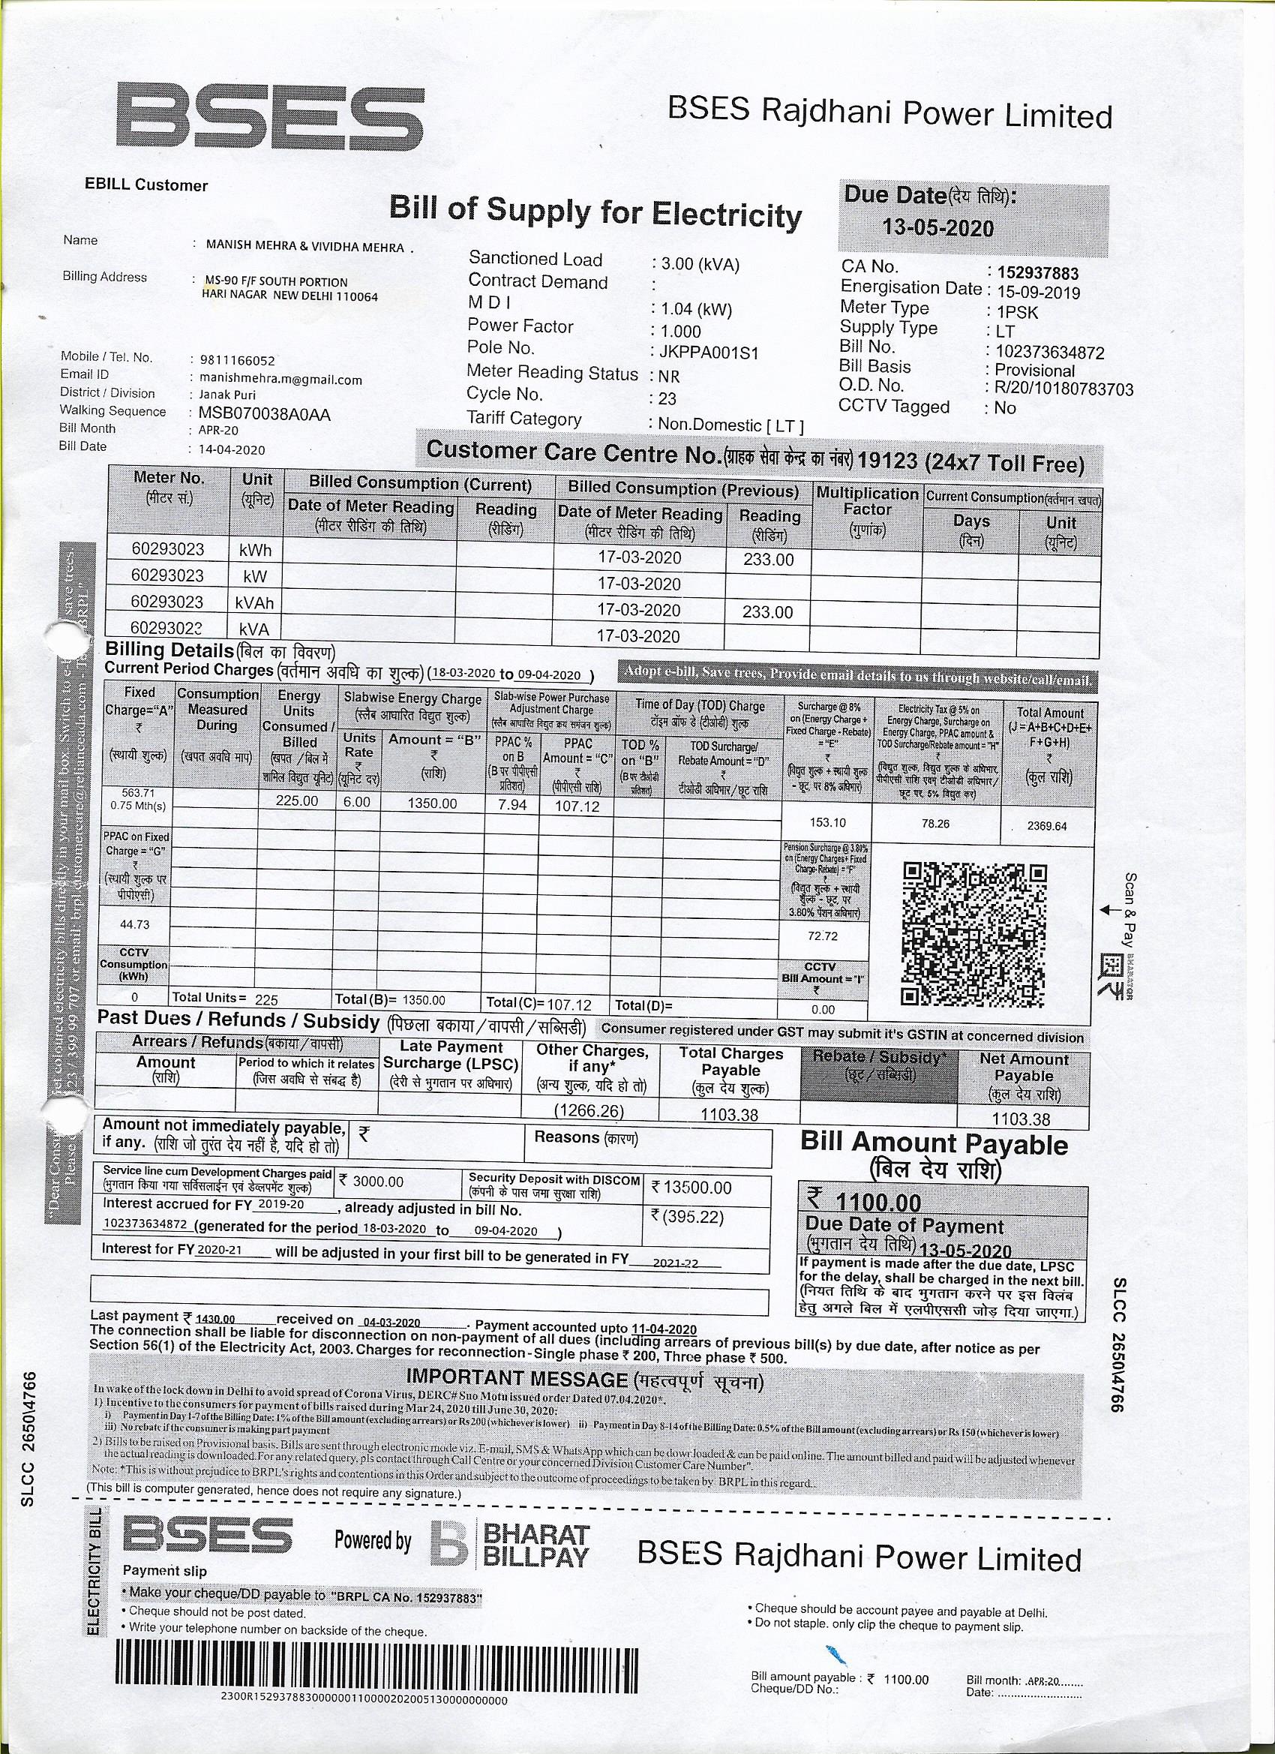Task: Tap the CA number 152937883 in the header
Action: coord(1038,273)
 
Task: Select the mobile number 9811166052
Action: coord(236,360)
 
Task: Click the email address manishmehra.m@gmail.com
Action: coord(280,379)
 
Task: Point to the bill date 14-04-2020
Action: coord(232,450)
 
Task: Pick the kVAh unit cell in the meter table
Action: coord(254,603)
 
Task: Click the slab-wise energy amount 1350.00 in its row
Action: coord(432,803)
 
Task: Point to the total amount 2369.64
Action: coord(1046,826)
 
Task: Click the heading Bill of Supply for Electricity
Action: coord(595,211)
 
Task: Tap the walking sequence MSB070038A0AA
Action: coord(265,415)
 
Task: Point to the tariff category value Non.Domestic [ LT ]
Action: coord(730,425)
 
